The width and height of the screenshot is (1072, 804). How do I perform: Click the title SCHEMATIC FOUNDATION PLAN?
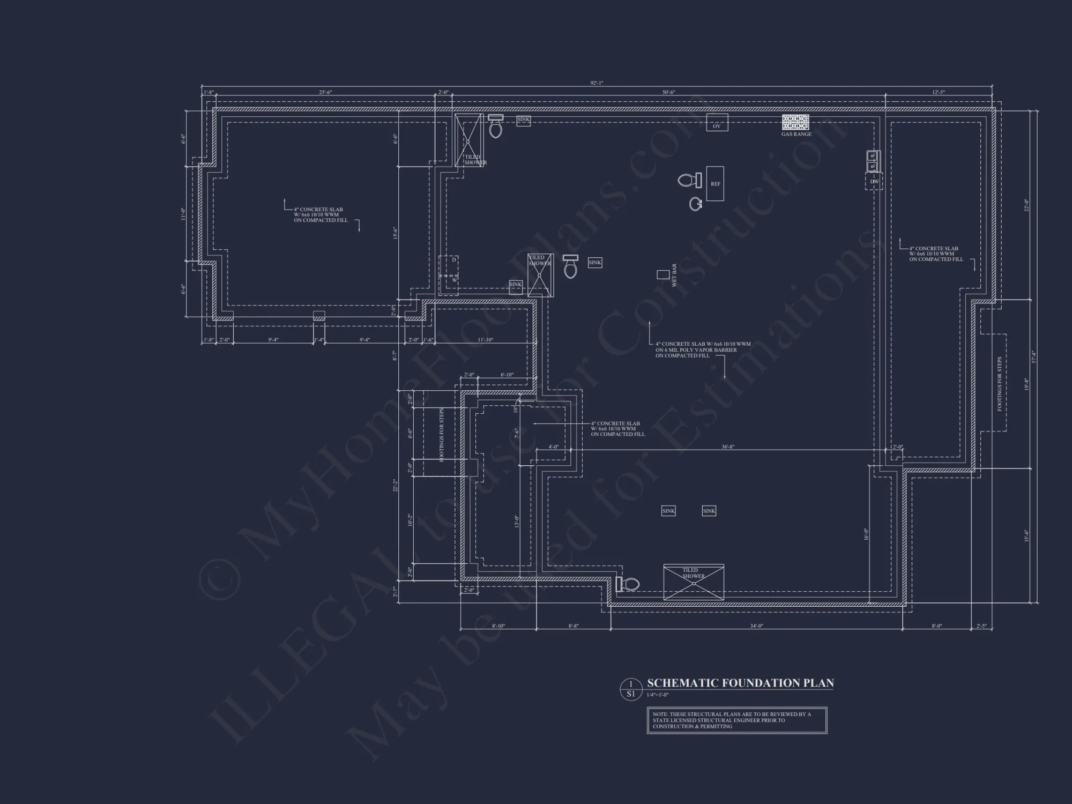coord(740,683)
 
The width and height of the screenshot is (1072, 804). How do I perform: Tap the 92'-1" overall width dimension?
coord(597,83)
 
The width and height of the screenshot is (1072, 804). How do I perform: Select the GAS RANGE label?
coord(796,135)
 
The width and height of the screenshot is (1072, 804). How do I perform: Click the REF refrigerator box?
coord(715,184)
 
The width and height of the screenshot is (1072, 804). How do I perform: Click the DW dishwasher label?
coord(874,182)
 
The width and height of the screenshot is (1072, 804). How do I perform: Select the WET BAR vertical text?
coord(674,275)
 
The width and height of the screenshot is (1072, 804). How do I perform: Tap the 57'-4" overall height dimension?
coord(1034,356)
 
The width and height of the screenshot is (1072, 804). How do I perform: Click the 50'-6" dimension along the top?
coord(668,92)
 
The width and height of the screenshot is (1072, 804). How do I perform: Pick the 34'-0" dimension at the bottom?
coord(756,626)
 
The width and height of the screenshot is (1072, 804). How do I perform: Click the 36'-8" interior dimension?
coord(727,446)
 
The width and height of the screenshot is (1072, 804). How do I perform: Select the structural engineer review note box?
coord(736,720)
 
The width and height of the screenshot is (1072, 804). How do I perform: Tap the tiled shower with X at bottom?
coord(694,582)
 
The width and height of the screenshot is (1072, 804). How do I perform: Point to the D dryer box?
coord(453,260)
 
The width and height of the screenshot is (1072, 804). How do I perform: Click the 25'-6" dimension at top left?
coord(325,92)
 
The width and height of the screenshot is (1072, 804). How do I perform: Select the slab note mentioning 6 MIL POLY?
coord(702,349)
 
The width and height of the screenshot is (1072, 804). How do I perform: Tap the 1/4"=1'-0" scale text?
coord(657,695)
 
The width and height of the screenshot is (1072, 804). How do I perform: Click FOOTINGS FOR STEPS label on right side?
coord(999,384)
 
